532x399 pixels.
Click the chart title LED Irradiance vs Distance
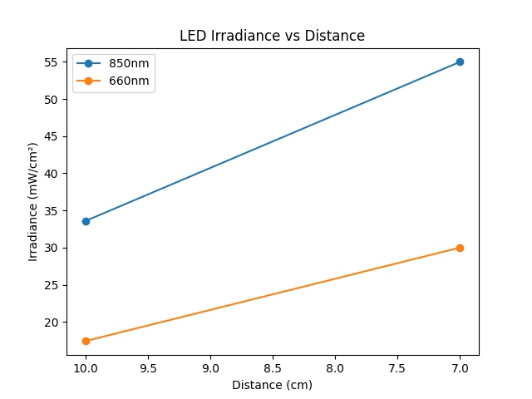272,36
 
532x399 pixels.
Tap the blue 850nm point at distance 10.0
86,221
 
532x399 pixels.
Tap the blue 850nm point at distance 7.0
460,62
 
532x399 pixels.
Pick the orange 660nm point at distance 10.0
86,341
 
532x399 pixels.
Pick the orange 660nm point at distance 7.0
460,248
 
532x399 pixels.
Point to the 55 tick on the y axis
55,62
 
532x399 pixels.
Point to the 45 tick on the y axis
55,136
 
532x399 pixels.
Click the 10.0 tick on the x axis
86,367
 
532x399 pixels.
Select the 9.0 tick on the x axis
210,367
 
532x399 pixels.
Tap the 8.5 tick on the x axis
273,367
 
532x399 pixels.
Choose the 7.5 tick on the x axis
397,367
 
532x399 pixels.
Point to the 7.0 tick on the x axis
460,367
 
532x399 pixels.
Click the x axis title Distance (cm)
272,385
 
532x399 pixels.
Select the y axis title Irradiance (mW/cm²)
33,202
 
